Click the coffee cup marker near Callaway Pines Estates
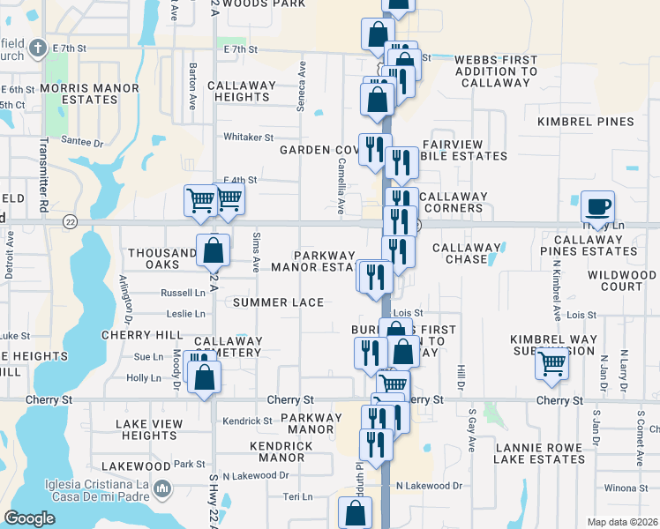597,207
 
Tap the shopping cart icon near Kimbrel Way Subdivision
552,362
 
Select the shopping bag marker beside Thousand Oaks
214,251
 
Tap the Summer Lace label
279,302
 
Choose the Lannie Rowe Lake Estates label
538,453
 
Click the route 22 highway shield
70,221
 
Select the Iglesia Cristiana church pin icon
161,488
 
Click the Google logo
29,518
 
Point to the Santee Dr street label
82,142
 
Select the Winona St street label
626,488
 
